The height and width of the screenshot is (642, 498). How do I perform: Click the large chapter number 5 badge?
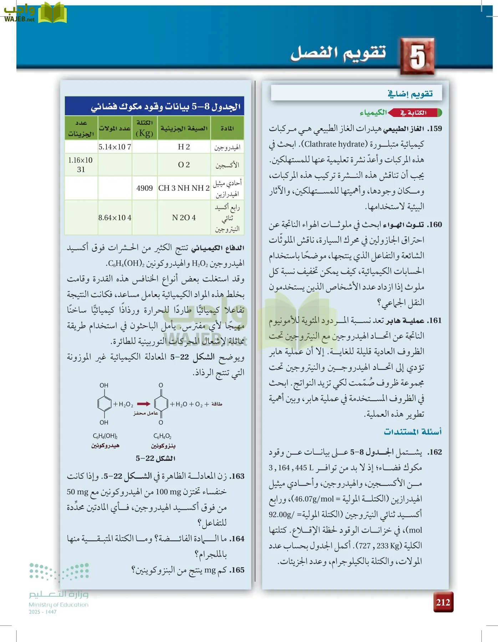(417, 56)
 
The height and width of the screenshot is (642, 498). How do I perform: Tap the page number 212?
(443, 602)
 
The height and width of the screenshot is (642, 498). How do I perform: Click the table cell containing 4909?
(144, 188)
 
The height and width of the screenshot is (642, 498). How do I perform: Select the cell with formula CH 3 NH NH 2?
(184, 188)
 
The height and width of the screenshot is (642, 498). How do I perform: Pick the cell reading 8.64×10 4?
(115, 218)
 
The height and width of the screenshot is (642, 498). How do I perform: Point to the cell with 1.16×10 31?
(81, 165)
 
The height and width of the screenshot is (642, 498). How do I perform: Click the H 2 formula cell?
(184, 147)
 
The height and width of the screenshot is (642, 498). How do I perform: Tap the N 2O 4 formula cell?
(184, 218)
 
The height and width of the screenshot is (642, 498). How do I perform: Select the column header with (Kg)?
(144, 128)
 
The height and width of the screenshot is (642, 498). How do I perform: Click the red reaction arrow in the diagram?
(144, 404)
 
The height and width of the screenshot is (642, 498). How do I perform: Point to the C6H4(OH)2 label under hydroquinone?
(105, 436)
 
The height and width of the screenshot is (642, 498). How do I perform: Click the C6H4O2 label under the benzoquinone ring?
(162, 436)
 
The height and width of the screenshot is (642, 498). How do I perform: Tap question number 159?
(435, 129)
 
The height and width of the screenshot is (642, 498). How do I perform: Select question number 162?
(435, 452)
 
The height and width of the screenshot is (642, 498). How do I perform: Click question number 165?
(237, 570)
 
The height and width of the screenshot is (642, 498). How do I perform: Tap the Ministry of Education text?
(59, 605)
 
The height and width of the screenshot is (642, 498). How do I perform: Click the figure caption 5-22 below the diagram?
(156, 458)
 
